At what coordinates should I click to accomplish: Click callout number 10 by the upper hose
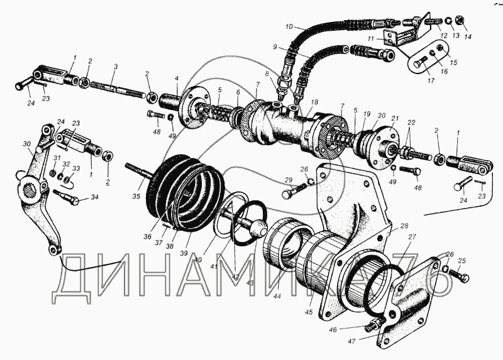pyautogui.click(x=289, y=27)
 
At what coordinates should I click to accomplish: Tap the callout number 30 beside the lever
pyautogui.click(x=26, y=144)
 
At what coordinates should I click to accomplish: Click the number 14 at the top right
pyautogui.click(x=467, y=37)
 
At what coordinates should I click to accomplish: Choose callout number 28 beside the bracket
pyautogui.click(x=404, y=225)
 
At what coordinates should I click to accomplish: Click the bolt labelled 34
pyautogui.click(x=70, y=200)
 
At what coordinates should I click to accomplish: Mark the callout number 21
pyautogui.click(x=395, y=118)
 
